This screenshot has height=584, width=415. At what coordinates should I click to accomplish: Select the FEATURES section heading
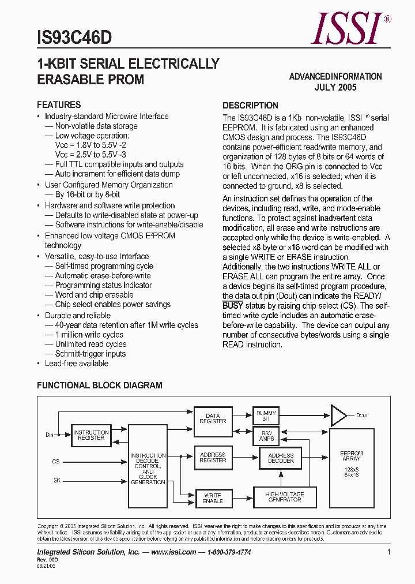(x=59, y=105)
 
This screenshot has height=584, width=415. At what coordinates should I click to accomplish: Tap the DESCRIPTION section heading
(x=250, y=106)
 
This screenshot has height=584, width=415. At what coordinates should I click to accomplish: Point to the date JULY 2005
(x=335, y=88)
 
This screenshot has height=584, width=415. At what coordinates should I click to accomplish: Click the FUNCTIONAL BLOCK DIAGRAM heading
(x=100, y=385)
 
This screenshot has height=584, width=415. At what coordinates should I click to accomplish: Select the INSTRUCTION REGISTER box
(x=91, y=435)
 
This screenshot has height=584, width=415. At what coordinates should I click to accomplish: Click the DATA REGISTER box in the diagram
(x=213, y=418)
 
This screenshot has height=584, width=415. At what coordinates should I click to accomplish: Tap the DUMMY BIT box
(x=266, y=415)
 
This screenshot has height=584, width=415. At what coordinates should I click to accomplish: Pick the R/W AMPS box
(x=266, y=436)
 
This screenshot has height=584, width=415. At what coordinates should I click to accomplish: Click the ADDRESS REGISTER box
(x=213, y=458)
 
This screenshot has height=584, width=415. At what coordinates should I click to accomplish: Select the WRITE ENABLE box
(x=213, y=498)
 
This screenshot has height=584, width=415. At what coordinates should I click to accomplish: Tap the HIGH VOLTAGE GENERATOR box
(x=284, y=497)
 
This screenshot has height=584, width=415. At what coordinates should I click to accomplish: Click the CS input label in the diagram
(x=56, y=462)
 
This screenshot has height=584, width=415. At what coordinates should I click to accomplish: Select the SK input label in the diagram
(x=56, y=480)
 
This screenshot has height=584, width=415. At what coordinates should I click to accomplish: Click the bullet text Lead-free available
(x=77, y=364)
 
